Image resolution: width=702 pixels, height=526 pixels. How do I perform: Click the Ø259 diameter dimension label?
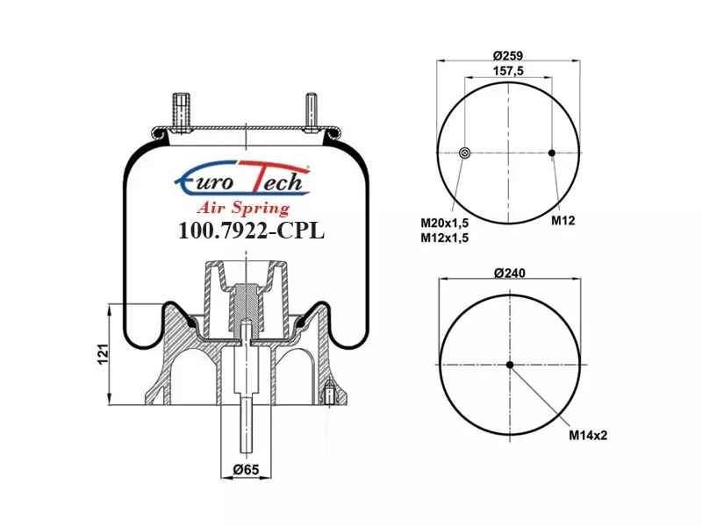click(508, 55)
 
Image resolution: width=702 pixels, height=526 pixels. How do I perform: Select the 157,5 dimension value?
click(508, 71)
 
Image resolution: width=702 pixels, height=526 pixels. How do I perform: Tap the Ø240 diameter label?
click(510, 273)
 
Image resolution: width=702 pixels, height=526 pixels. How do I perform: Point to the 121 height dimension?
click(103, 354)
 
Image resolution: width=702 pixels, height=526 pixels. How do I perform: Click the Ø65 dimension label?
click(247, 469)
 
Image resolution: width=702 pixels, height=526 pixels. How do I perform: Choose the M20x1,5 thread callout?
click(444, 223)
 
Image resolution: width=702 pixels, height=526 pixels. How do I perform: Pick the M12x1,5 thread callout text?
click(444, 238)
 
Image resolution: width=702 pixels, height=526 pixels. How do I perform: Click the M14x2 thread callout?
click(588, 435)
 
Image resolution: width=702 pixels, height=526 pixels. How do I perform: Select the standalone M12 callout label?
click(562, 220)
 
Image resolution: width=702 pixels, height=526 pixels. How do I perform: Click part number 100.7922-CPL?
click(251, 231)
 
